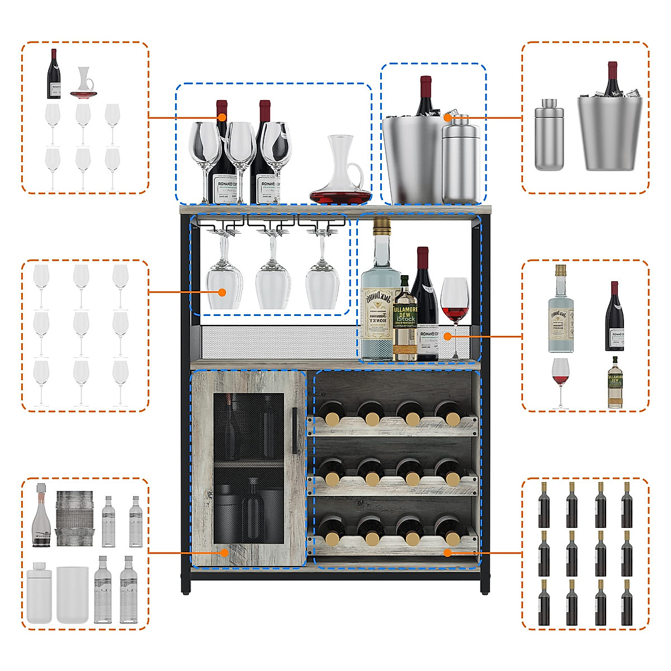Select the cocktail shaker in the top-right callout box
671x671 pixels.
[549, 135]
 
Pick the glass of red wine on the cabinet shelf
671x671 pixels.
[455, 302]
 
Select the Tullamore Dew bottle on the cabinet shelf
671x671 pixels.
[405, 324]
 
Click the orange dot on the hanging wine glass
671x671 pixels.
[222, 292]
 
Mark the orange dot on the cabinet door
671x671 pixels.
[224, 552]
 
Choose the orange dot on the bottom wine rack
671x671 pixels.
[447, 552]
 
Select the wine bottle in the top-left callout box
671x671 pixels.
[54, 74]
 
